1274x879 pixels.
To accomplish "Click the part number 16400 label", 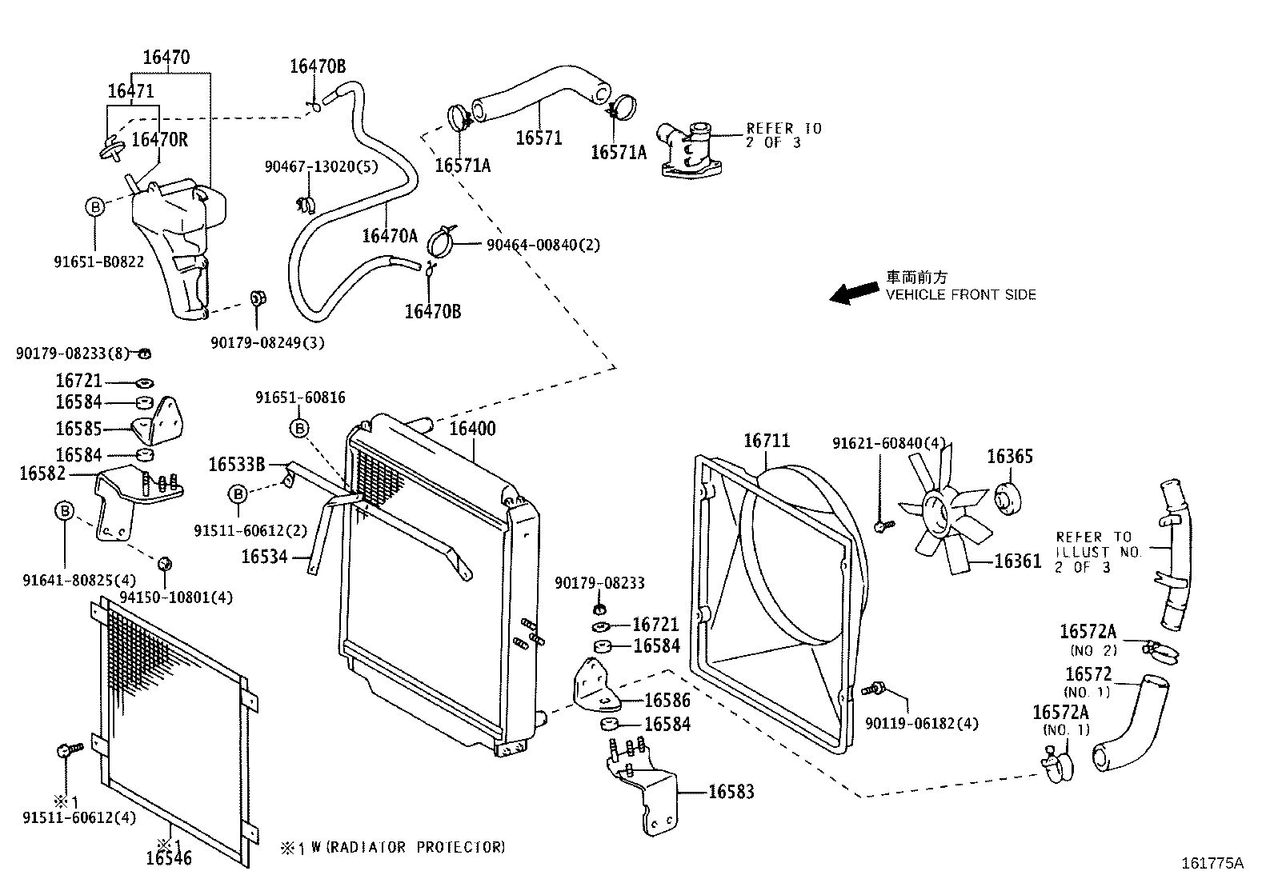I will (x=472, y=429).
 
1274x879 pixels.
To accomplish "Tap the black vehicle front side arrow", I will (x=854, y=293).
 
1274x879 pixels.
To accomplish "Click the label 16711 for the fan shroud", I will (x=766, y=441).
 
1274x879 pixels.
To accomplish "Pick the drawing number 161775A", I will (x=1212, y=863).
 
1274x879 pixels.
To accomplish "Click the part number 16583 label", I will (x=731, y=792).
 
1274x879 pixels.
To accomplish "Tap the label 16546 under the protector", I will (x=169, y=859).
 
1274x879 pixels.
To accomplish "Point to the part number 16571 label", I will (x=539, y=138).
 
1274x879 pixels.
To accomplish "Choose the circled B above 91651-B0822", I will (x=94, y=207).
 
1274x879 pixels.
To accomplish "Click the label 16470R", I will (x=159, y=140).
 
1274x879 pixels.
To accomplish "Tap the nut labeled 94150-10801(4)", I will (x=164, y=563).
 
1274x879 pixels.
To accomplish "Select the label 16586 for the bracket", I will (x=667, y=701).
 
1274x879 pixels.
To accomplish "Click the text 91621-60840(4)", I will (x=888, y=443).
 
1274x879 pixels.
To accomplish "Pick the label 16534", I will (x=264, y=555).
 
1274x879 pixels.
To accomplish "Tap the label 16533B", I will (x=236, y=464).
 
